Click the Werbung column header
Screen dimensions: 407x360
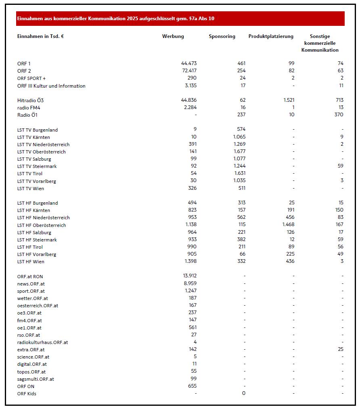[173, 36]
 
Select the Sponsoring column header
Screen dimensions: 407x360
[222, 36]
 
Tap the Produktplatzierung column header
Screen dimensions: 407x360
[271, 36]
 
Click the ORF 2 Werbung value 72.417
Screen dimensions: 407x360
[189, 71]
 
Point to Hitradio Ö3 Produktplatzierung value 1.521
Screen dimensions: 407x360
[287, 100]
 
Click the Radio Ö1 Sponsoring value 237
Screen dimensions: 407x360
[241, 115]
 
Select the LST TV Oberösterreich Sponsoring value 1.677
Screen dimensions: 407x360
[239, 152]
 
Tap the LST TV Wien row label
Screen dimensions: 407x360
[31, 189]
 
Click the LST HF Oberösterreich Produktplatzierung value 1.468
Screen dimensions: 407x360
[287, 225]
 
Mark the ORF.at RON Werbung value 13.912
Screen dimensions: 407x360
[189, 276]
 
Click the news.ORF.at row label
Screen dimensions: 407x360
[31, 284]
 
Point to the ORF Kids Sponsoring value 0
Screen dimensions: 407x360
[243, 393]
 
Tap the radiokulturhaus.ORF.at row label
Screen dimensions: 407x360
[42, 342]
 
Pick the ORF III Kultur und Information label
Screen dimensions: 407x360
[51, 86]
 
